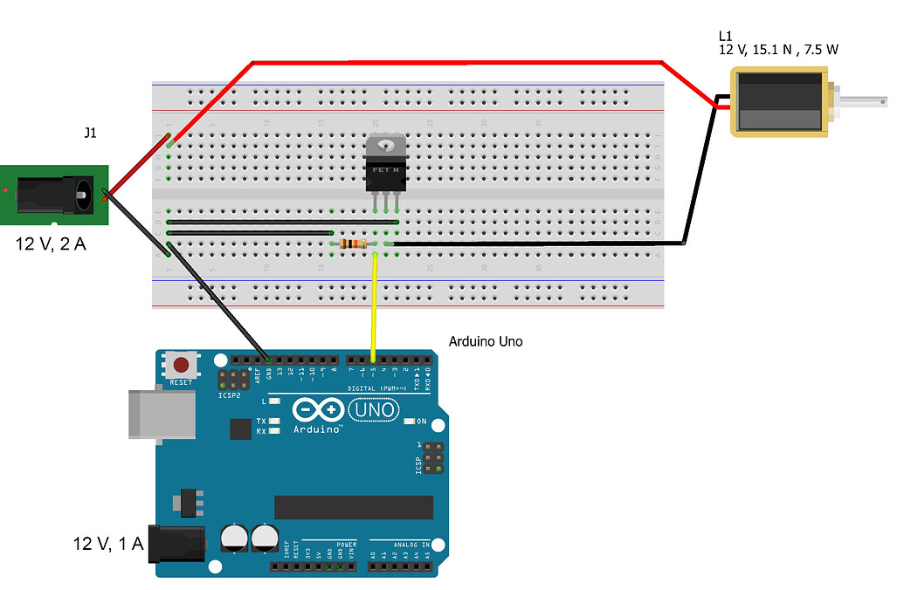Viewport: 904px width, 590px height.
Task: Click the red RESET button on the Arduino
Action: pos(182,365)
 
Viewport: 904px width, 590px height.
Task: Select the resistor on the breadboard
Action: pos(353,244)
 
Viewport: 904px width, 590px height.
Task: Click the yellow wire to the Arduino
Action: pos(375,305)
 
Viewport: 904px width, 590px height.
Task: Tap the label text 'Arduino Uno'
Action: pos(486,341)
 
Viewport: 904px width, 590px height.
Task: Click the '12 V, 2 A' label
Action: pos(51,244)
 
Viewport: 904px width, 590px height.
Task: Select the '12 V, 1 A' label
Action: pos(107,545)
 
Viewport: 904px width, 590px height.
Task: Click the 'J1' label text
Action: pos(90,133)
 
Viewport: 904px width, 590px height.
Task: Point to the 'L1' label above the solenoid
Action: pos(725,36)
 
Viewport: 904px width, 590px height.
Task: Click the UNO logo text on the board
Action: pos(374,409)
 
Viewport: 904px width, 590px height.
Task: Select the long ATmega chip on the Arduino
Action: pos(353,507)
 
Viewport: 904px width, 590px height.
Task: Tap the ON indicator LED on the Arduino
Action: pos(409,422)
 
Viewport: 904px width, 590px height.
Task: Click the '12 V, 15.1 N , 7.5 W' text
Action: pos(777,51)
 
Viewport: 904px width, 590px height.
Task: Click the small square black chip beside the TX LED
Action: pos(240,429)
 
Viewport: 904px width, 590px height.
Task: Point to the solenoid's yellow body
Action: pos(779,102)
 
